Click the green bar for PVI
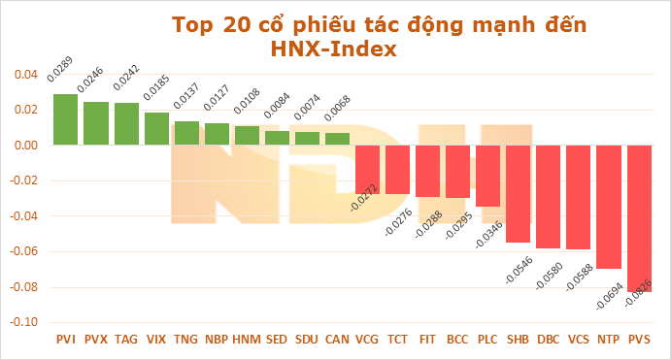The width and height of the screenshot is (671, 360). tap(66, 119)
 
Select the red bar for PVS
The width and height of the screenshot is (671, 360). tap(640, 218)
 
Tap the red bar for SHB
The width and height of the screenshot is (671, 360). tap(519, 193)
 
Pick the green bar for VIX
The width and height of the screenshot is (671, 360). tap(156, 129)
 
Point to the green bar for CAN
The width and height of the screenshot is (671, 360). tap(337, 139)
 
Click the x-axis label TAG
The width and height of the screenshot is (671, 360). tap(126, 340)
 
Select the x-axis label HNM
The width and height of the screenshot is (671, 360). tap(247, 340)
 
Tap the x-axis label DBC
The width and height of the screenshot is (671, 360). tap(548, 340)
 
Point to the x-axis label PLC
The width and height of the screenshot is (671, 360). tap(487, 340)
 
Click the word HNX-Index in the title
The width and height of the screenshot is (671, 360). tap(333, 49)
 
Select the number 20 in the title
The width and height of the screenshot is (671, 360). tap(238, 23)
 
